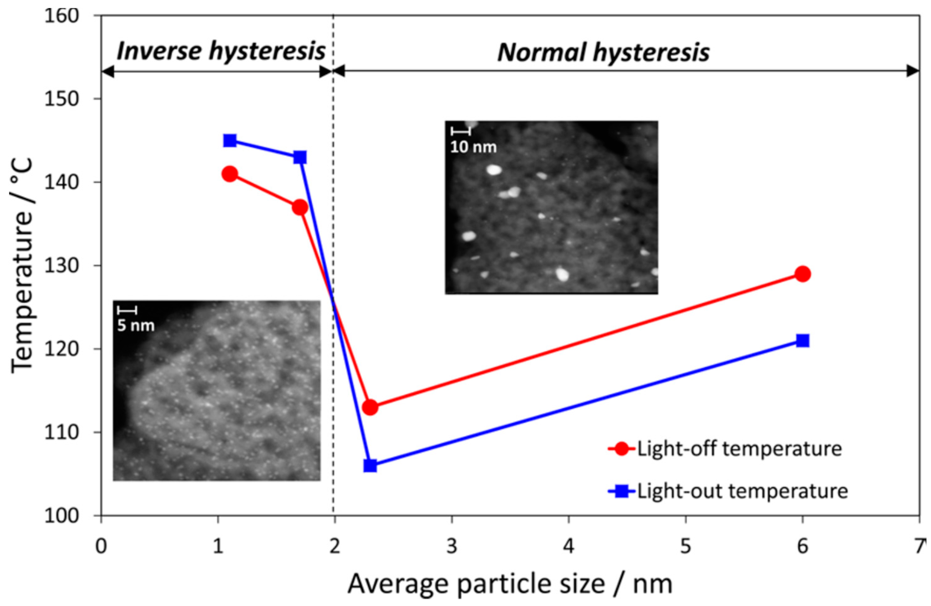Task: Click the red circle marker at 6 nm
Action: (x=802, y=274)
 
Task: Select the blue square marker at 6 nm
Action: (x=802, y=341)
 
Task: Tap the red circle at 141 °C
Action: (x=230, y=174)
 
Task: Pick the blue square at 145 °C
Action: (x=230, y=141)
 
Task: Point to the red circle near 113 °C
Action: (x=370, y=408)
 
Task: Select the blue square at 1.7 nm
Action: (x=300, y=158)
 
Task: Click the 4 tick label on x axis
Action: (x=568, y=546)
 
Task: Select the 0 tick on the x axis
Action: (x=101, y=546)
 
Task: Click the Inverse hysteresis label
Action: (x=221, y=51)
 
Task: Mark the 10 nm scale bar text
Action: (x=473, y=147)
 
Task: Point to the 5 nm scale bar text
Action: (x=136, y=326)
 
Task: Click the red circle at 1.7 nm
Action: (x=300, y=207)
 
